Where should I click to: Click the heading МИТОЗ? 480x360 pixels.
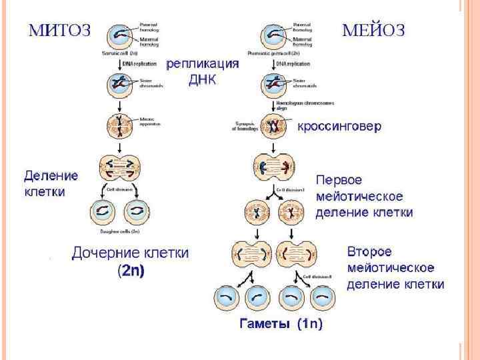59,31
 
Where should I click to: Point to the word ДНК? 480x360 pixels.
203,79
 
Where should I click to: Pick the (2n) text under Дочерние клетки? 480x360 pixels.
131,271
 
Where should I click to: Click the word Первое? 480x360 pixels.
339,181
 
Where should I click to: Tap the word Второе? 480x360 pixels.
369,253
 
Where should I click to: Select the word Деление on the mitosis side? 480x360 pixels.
51,176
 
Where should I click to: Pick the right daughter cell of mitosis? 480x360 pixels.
138,212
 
